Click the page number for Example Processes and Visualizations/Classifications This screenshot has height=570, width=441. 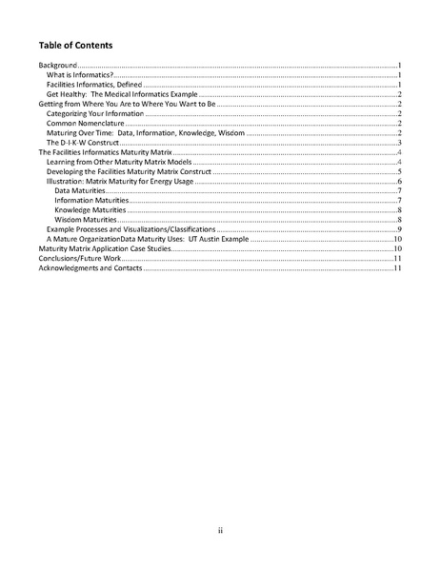coord(400,229)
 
